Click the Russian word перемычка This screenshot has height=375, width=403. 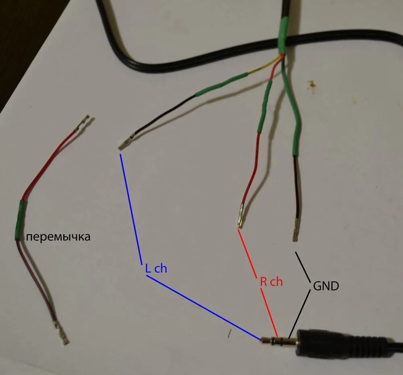click(58, 237)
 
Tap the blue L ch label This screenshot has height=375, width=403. click(156, 269)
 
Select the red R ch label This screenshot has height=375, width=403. click(271, 282)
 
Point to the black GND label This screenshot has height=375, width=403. click(326, 286)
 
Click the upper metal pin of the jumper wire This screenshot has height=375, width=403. click(84, 123)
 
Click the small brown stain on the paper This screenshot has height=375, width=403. click(311, 84)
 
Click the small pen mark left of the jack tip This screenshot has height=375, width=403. click(230, 333)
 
